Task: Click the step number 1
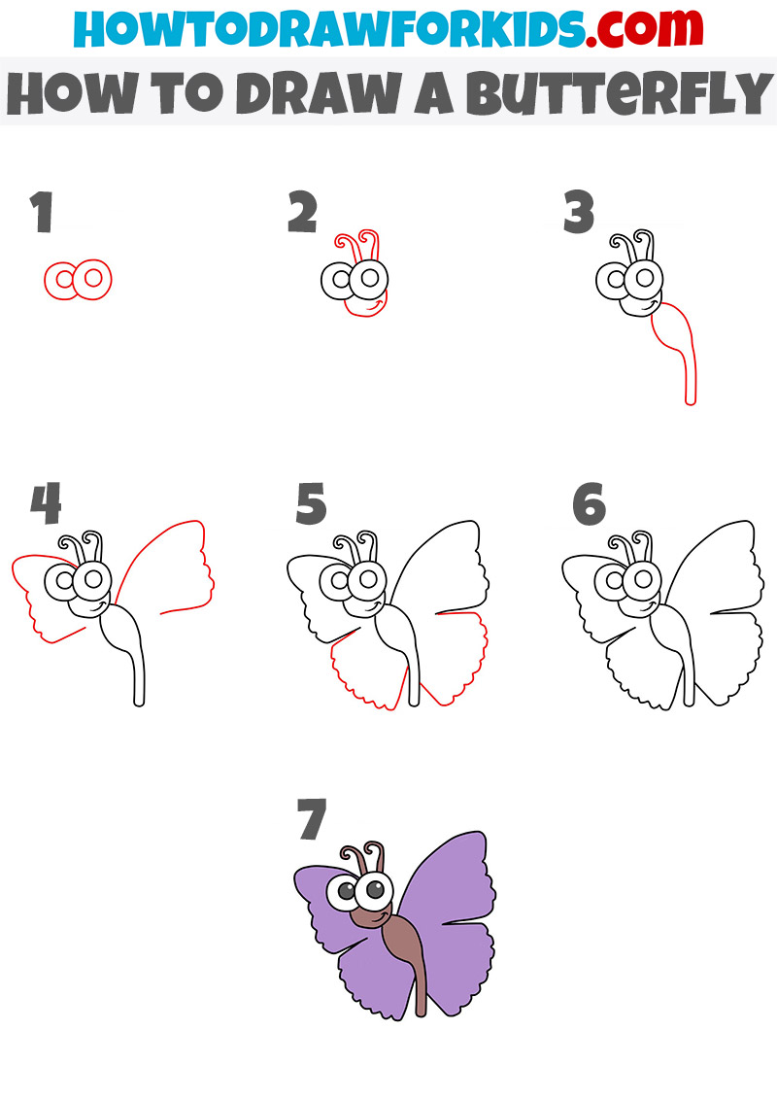coord(42,212)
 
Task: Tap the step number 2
coord(303,212)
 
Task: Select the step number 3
coord(579,212)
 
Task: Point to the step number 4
coord(47,503)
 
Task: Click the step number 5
coord(312,503)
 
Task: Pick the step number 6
coord(589,503)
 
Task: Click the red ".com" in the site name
coord(645,28)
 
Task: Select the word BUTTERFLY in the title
coord(620,92)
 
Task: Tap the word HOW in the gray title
coord(72,92)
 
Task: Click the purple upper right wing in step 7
coord(449,884)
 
